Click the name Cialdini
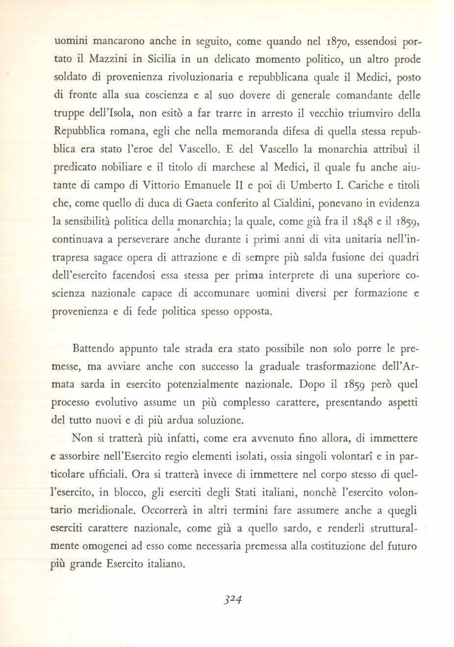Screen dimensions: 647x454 (296, 203)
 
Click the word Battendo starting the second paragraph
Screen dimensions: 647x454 (93, 349)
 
